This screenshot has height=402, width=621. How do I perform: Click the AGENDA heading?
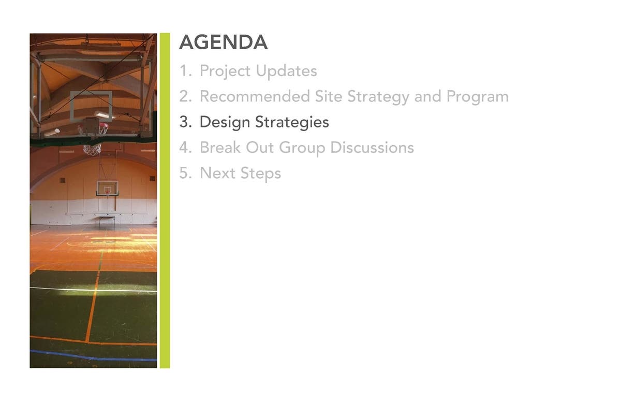(224, 42)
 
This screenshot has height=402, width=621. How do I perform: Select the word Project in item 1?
(225, 71)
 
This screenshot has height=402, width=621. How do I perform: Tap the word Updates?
(286, 71)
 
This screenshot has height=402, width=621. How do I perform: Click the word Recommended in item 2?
(255, 96)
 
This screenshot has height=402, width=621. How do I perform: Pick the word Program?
(477, 97)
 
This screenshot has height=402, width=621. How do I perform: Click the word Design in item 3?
(225, 123)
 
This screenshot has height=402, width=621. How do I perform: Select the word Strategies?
(292, 123)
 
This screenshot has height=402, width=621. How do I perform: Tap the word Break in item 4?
(220, 147)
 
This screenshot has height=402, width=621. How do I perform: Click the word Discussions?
(372, 147)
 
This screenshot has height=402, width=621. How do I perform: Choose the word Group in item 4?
(302, 148)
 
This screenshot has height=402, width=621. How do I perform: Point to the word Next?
(217, 173)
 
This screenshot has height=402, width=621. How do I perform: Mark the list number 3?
(185, 122)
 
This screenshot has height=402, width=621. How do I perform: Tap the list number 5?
(185, 173)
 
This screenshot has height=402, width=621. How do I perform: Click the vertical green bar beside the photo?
(165, 200)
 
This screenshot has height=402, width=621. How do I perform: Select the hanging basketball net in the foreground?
(92, 149)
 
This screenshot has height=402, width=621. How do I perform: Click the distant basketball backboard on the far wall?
(107, 189)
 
